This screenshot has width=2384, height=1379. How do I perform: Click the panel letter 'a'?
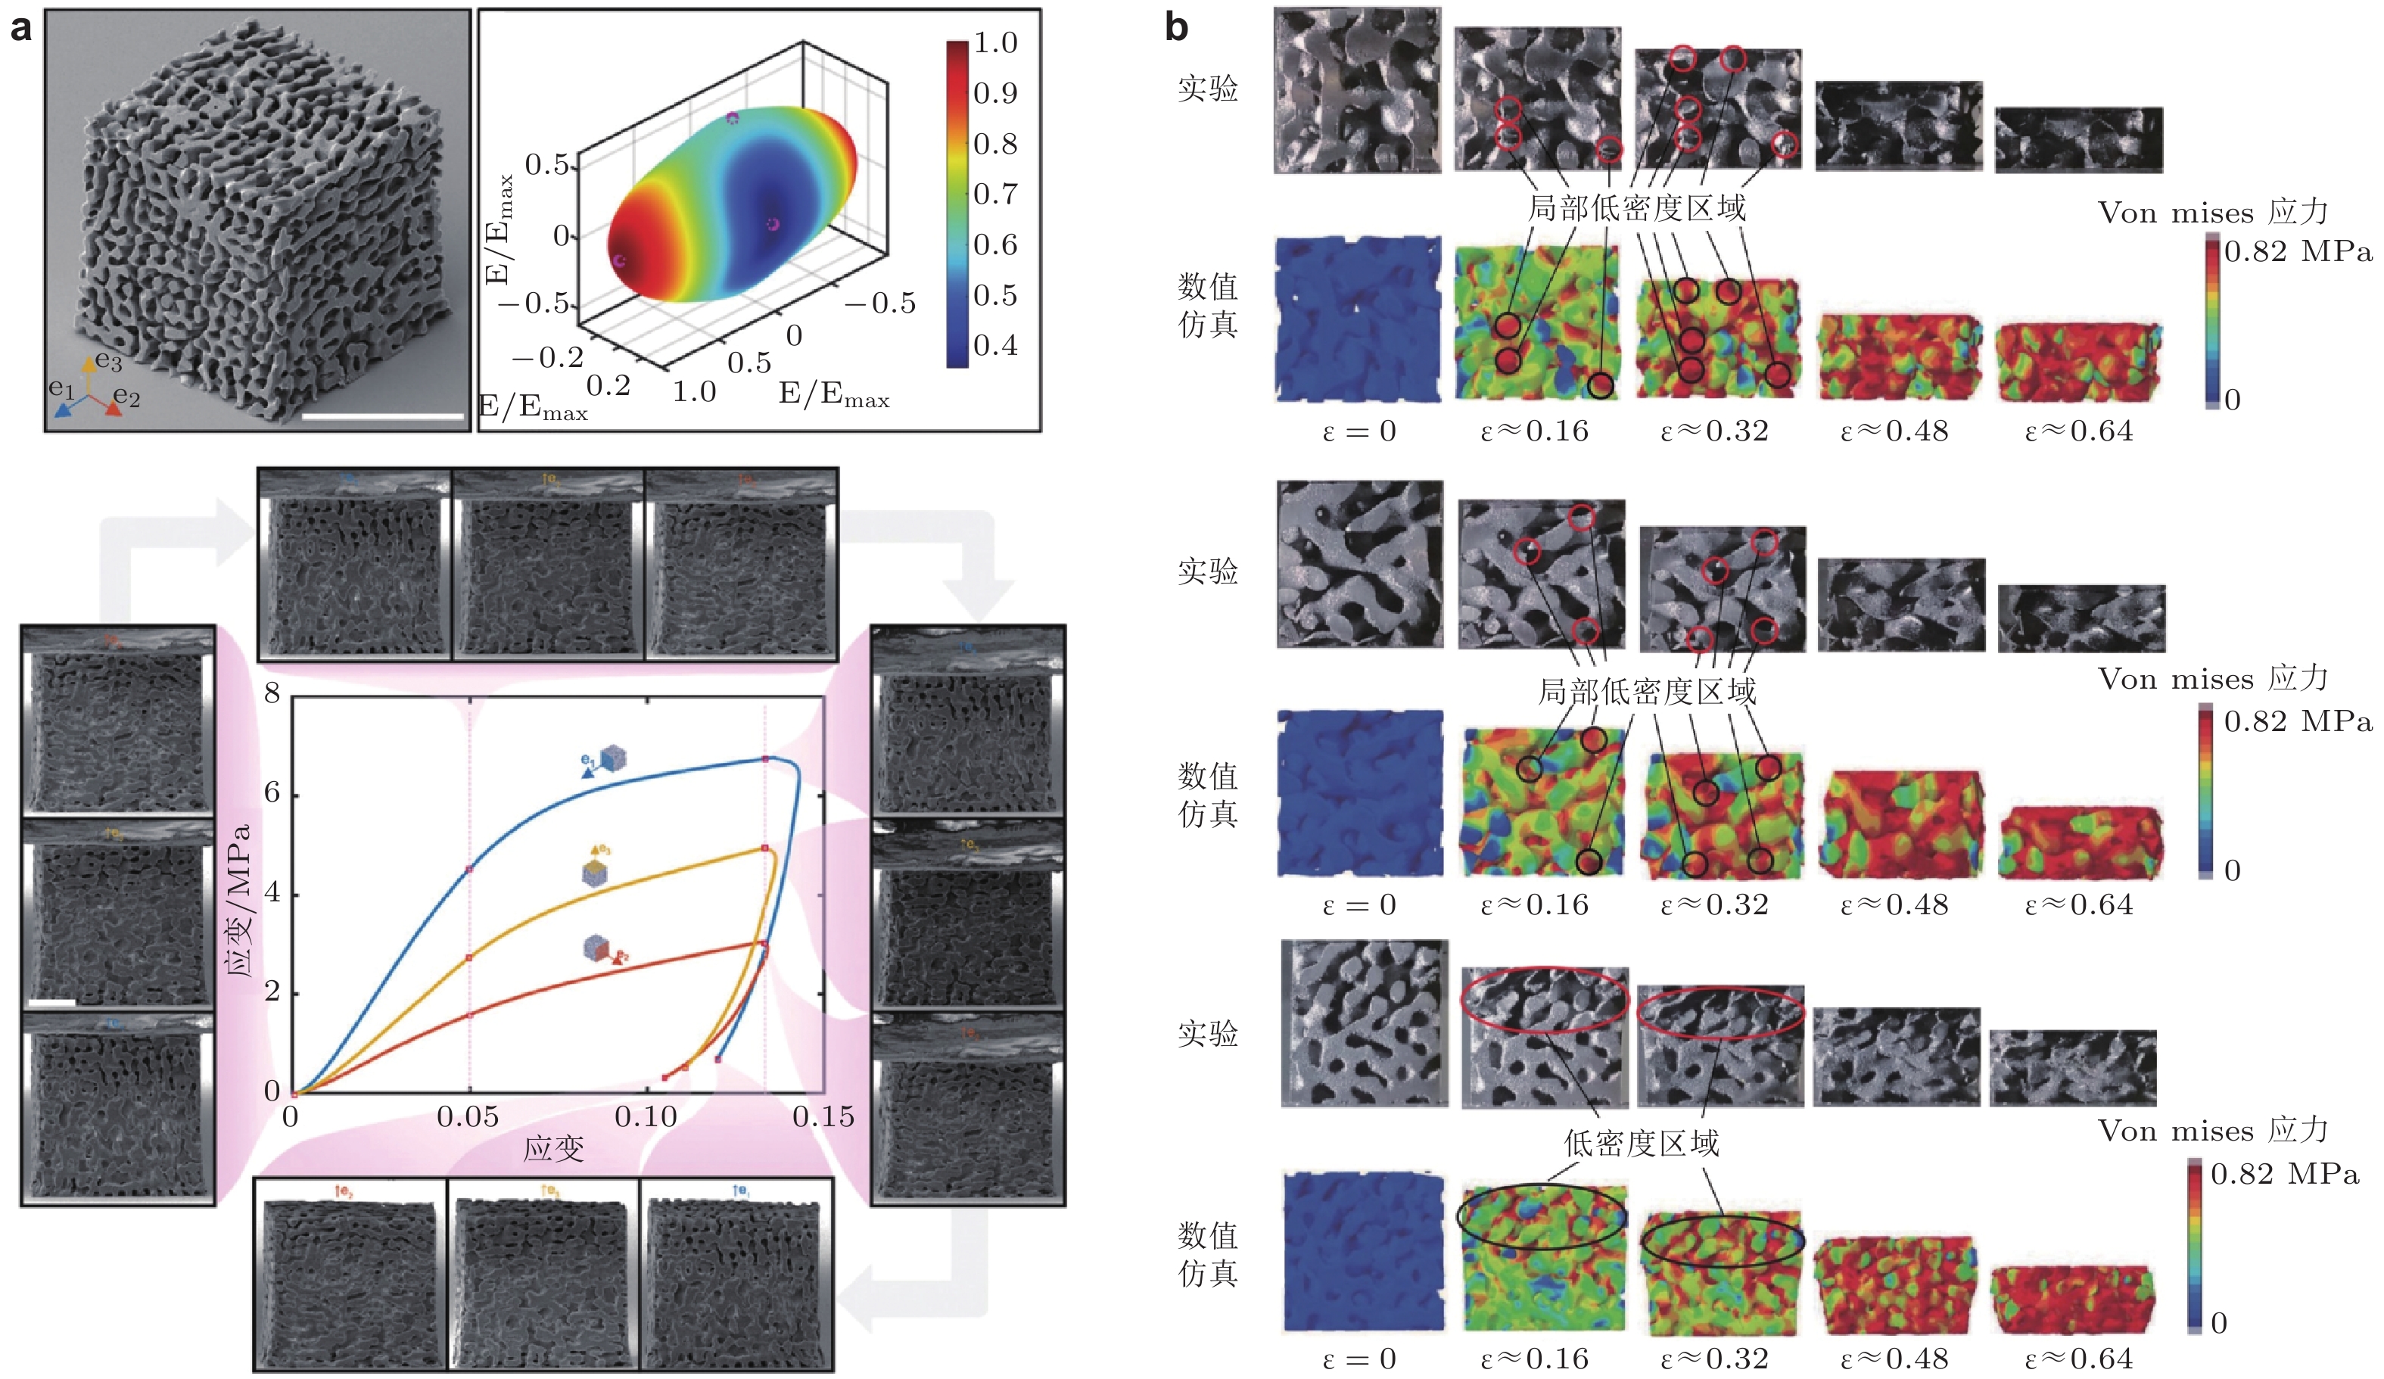(x=21, y=28)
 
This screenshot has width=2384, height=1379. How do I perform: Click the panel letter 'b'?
(x=1176, y=28)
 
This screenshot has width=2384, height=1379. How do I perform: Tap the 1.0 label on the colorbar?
(x=995, y=43)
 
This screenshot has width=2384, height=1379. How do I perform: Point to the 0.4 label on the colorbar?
(x=995, y=346)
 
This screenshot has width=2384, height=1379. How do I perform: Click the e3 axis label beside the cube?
(x=107, y=361)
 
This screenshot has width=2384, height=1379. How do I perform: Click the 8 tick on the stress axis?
(x=272, y=694)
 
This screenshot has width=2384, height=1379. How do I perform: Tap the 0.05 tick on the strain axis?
(x=468, y=1118)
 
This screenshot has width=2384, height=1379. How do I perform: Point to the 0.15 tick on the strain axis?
(x=823, y=1118)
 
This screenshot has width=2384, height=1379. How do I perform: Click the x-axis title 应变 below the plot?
(x=553, y=1149)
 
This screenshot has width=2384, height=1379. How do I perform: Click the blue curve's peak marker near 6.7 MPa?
(x=765, y=758)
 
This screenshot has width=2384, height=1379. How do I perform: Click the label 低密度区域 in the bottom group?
(x=1641, y=1144)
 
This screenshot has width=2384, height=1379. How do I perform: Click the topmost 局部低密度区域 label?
(x=1636, y=208)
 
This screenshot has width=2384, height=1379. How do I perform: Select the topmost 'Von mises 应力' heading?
(x=2211, y=213)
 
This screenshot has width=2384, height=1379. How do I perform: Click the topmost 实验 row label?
(x=1207, y=89)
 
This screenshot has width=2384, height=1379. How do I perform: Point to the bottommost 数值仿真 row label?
(x=1207, y=1254)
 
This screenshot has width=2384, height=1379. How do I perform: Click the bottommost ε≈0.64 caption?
(x=2078, y=1360)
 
